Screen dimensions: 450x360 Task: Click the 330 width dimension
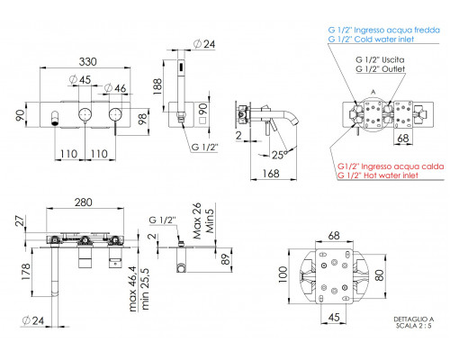87,62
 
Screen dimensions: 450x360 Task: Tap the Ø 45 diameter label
80,80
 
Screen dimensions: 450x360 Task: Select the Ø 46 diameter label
115,88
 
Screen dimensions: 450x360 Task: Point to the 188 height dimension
157,86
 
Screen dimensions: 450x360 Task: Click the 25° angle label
280,155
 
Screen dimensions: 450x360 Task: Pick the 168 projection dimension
271,174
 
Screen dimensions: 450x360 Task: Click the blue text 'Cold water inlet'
384,40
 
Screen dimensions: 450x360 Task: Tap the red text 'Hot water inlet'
391,175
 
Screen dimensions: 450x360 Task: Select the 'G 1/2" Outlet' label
381,69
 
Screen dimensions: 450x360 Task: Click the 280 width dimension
83,202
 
